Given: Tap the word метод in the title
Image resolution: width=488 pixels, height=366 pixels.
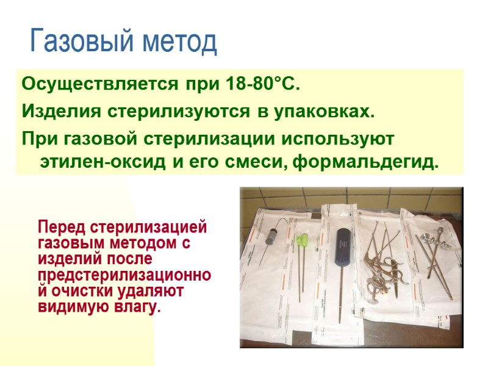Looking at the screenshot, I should (181, 41).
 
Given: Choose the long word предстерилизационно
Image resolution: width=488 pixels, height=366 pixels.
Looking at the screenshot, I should (124, 275).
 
